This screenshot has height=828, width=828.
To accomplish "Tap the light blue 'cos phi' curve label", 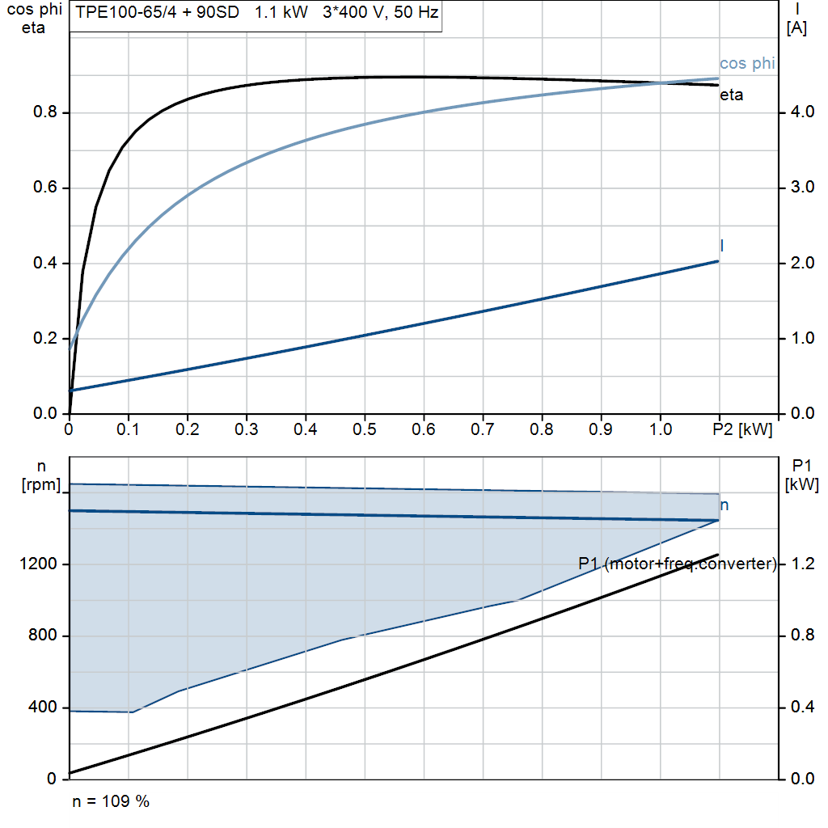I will point(746,64).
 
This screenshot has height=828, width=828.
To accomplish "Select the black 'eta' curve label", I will point(731,95).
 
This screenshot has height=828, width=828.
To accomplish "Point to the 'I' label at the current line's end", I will point(721,245).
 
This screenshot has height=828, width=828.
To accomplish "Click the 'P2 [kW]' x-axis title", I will point(742,430).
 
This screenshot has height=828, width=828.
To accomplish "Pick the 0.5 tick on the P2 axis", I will point(365,430).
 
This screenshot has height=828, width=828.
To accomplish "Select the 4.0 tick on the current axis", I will point(800,113).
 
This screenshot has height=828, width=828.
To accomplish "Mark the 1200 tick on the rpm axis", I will point(40,564).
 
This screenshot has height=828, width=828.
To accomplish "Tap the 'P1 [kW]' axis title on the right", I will point(801,475).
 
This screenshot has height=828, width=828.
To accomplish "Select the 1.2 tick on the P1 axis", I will point(800,564).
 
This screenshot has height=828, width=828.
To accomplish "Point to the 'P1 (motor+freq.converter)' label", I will point(677,564).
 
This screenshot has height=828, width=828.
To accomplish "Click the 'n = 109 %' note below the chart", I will point(111,802).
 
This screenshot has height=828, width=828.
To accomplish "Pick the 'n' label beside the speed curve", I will point(724,505).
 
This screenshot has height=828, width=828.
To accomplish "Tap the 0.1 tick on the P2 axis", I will point(128,430).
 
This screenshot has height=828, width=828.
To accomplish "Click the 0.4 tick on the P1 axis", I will point(800,708).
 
